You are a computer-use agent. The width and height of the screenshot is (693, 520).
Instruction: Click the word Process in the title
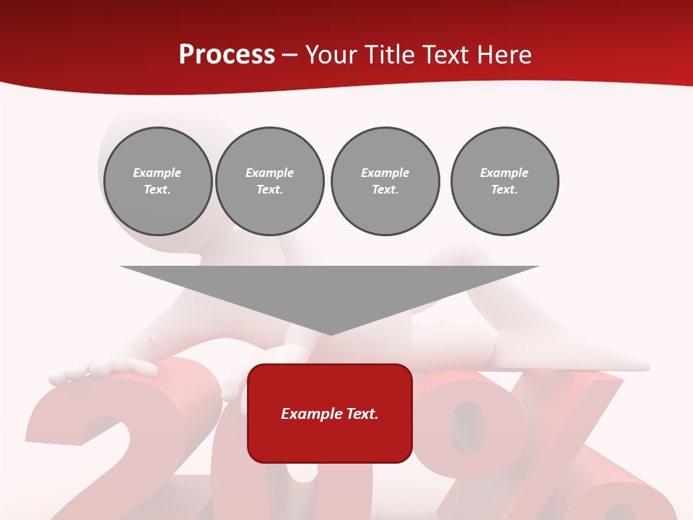227,55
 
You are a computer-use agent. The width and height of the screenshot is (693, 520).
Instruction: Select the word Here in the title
505,55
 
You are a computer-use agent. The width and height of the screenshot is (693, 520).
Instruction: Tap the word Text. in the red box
362,414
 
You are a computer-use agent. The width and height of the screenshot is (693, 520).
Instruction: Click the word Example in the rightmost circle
504,173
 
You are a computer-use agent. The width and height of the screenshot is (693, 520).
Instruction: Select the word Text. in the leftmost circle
157,189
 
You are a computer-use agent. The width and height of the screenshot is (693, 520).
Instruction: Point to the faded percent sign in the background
549,448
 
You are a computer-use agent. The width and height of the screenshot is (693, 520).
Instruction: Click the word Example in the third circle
385,173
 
